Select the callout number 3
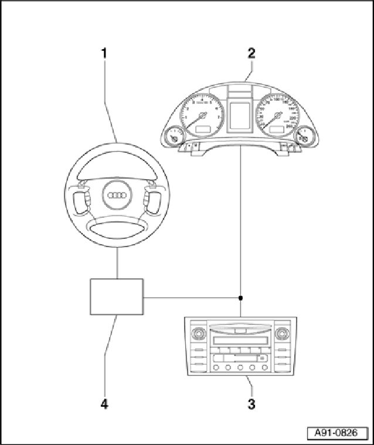coord(251,403)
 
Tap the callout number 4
coord(104,403)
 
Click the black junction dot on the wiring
coord(241,298)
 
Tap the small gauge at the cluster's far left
coord(173,138)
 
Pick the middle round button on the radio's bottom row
coord(241,368)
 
